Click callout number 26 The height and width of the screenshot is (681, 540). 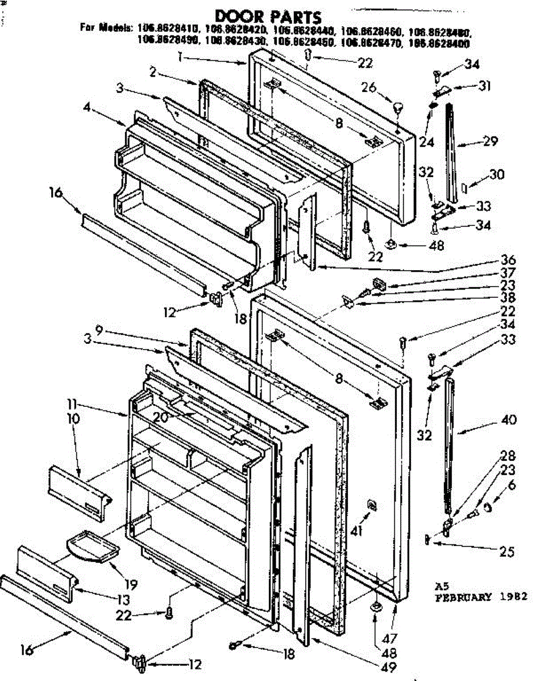tap(369, 87)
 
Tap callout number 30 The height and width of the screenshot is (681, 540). tap(497, 175)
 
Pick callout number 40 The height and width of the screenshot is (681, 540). tap(509, 420)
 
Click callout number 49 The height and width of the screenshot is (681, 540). tap(389, 667)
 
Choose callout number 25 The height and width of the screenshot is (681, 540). tap(508, 550)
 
